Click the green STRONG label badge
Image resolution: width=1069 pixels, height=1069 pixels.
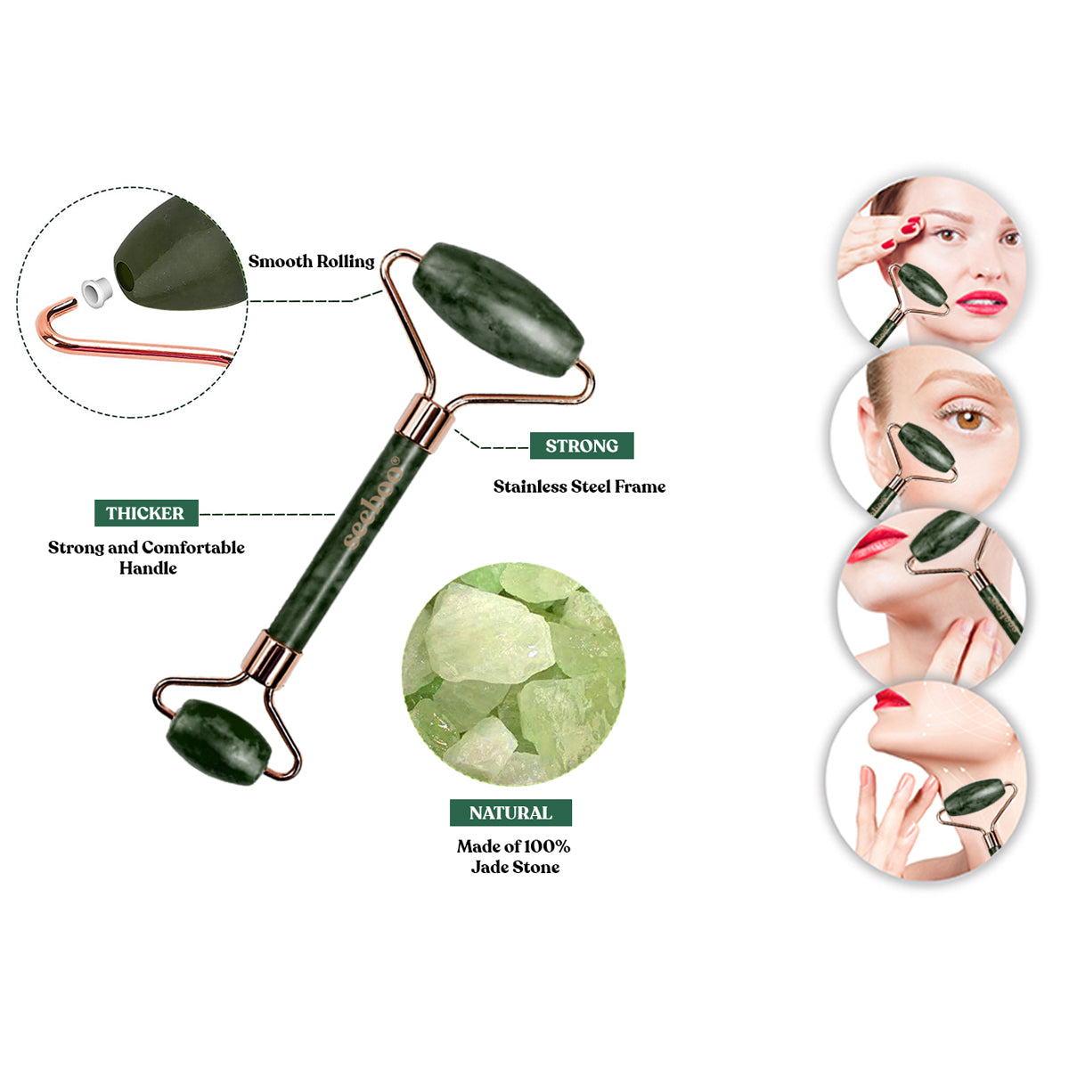pyautogui.click(x=582, y=445)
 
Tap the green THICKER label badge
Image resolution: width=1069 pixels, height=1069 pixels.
pyautogui.click(x=146, y=513)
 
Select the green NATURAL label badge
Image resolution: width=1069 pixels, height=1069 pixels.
pyautogui.click(x=510, y=812)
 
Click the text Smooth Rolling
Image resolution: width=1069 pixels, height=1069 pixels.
pyautogui.click(x=311, y=261)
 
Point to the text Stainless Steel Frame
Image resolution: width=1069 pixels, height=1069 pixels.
pyautogui.click(x=579, y=486)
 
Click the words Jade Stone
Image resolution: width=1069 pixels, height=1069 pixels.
pyautogui.click(x=515, y=867)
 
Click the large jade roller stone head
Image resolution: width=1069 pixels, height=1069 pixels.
pyautogui.click(x=498, y=309)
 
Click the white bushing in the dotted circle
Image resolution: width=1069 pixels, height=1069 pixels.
pyautogui.click(x=95, y=290)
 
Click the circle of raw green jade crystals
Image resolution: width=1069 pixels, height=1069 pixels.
pyautogui.click(x=513, y=673)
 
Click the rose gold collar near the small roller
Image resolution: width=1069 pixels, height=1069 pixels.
pyautogui.click(x=271, y=659)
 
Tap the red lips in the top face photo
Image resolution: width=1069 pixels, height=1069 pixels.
pyautogui.click(x=981, y=301)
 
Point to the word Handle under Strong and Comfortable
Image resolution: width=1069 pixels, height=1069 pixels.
pyautogui.click(x=148, y=567)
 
